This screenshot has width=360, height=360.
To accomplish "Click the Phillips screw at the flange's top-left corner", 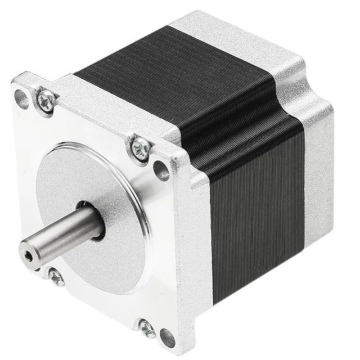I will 46,101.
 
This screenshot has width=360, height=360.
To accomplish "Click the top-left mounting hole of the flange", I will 22,100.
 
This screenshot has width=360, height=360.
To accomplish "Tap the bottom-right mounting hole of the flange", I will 167,337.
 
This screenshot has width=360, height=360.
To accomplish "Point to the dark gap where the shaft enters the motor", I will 100,232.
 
